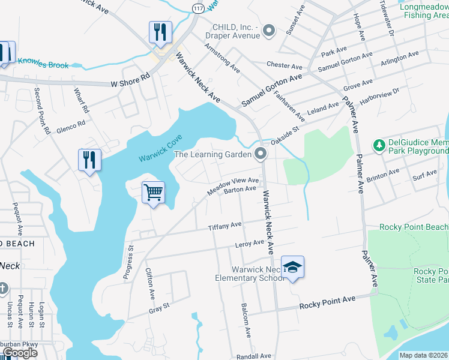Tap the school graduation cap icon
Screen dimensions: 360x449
click(292, 267)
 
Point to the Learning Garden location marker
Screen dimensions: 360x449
click(261, 155)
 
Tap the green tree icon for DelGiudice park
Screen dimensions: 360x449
click(379, 145)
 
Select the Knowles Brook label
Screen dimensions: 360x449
click(43, 62)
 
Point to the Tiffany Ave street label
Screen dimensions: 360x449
click(224, 226)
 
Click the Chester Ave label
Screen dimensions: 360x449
click(285, 65)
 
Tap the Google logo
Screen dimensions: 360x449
click(20, 353)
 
